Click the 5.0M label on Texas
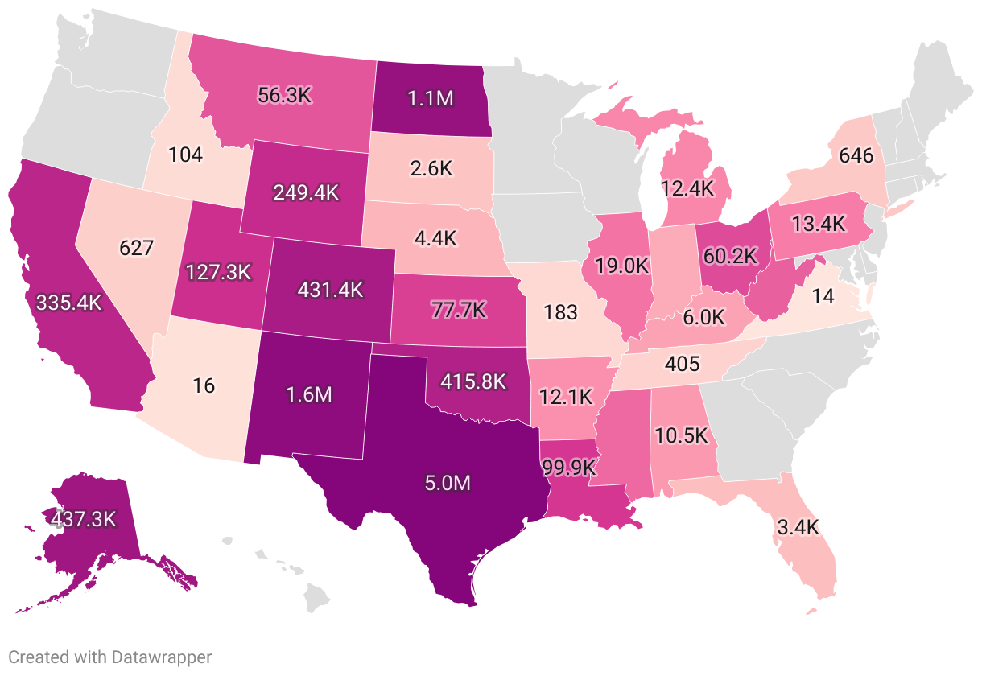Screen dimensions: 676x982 pos(448,484)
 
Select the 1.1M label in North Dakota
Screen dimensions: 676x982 pos(431,98)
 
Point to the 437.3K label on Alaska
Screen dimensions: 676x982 pos(83,518)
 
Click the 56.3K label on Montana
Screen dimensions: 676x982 pos(284,94)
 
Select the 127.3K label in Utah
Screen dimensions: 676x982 pos(218,271)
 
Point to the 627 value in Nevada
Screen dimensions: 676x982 pos(136,248)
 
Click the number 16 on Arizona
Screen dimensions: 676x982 pos(204,385)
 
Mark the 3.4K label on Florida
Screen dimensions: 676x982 pos(798,528)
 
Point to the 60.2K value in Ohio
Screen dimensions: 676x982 pos(730,256)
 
